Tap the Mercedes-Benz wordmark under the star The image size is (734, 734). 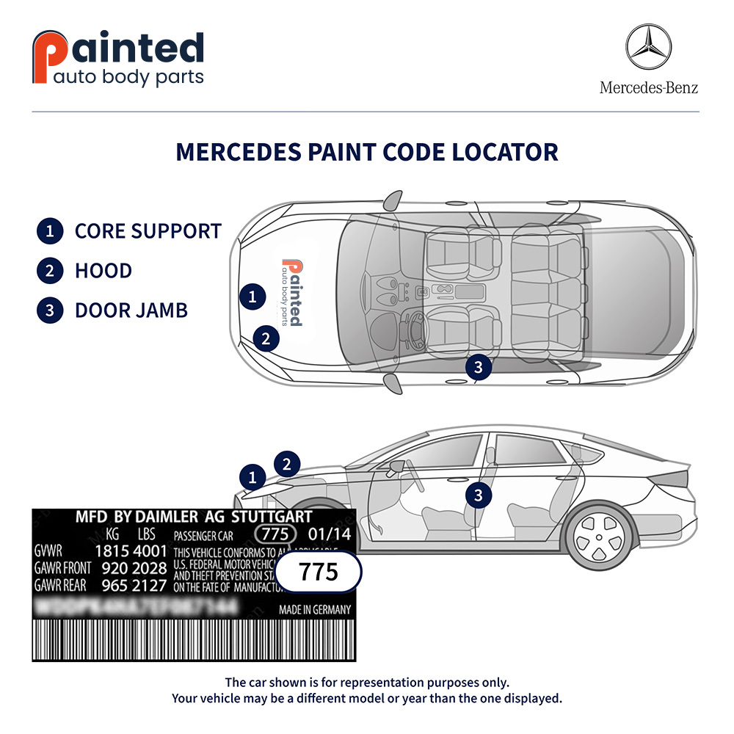pyautogui.click(x=649, y=88)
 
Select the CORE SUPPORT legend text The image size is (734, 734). pyautogui.click(x=148, y=231)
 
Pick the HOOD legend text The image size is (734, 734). pyautogui.click(x=103, y=271)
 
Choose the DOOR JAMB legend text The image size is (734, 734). pyautogui.click(x=131, y=310)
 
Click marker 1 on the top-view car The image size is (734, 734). pyautogui.click(x=252, y=297)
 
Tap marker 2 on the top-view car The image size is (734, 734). pyautogui.click(x=266, y=338)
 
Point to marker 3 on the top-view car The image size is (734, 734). pyautogui.click(x=479, y=367)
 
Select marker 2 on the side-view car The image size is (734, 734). pyautogui.click(x=287, y=464)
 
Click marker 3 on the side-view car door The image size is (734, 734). pyautogui.click(x=479, y=495)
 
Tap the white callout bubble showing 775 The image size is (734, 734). pyautogui.click(x=320, y=571)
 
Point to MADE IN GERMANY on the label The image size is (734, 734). pyautogui.click(x=315, y=610)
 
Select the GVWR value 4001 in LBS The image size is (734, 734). pyautogui.click(x=150, y=551)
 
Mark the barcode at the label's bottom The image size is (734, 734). pyautogui.click(x=194, y=641)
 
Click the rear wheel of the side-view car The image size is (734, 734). pyautogui.click(x=599, y=534)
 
